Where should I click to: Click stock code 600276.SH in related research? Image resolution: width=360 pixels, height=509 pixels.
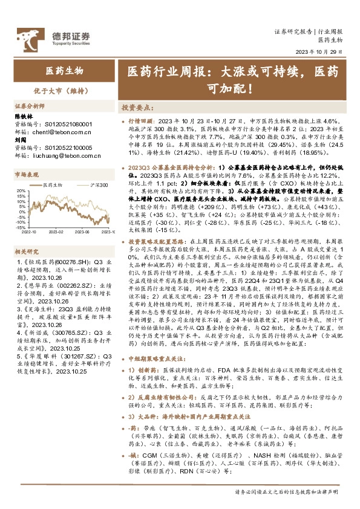[x=65, y=261]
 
